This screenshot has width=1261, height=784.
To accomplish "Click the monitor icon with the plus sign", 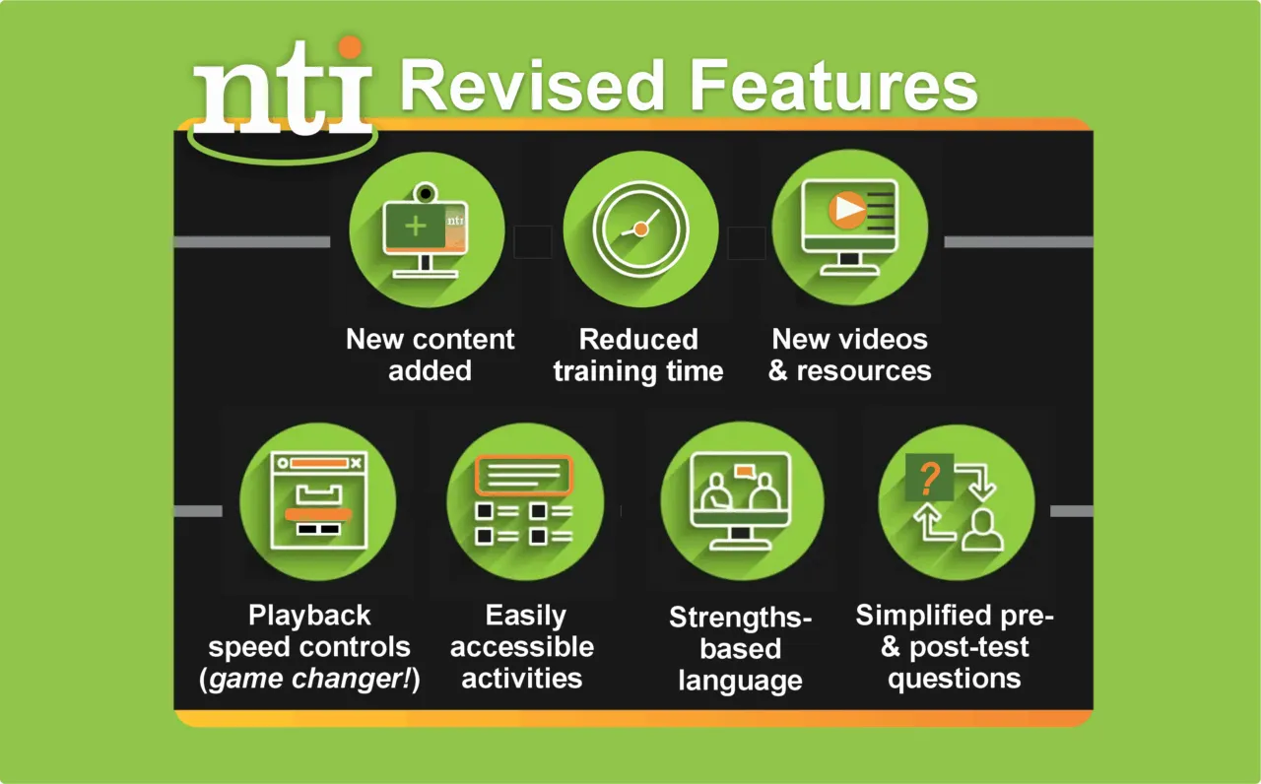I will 426,229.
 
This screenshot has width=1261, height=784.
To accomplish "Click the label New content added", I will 430,355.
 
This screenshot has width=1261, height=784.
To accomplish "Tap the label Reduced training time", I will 638,355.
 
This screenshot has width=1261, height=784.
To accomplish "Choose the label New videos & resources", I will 849,355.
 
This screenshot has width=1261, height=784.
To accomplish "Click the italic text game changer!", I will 309,680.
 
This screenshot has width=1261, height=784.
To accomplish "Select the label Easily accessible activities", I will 523,647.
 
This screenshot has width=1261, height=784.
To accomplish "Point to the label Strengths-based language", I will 739,649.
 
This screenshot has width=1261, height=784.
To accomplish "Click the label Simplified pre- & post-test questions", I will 954,647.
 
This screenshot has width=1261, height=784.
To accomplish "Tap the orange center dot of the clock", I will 640,229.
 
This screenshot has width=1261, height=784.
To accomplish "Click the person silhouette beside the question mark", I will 981,530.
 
